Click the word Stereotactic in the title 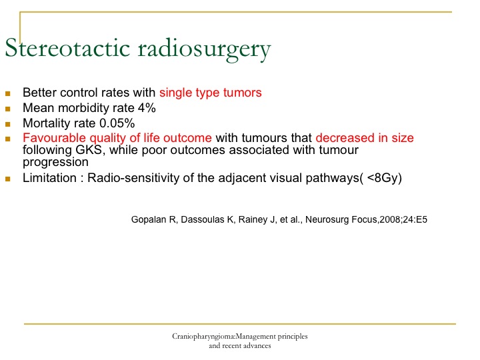click(67, 48)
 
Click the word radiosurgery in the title click(204, 50)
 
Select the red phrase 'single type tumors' click(211, 93)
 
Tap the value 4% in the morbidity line click(147, 108)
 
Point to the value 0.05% click(117, 123)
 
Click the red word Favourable click(55, 138)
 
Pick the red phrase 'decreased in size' click(365, 138)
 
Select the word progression click(55, 162)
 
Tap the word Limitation click(49, 178)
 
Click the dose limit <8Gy click(383, 178)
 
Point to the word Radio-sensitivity click(133, 178)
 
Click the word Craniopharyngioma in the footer click(203, 337)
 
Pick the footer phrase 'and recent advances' click(240, 346)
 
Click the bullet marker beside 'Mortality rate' click(7, 124)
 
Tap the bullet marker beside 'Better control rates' click(7, 93)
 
